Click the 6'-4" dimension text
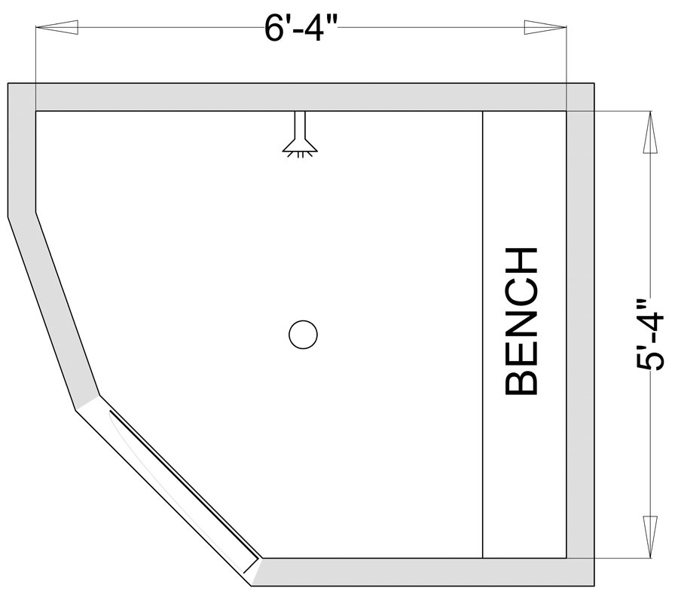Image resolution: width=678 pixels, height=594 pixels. pyautogui.click(x=301, y=29)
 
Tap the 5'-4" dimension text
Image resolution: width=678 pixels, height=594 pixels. pyautogui.click(x=650, y=335)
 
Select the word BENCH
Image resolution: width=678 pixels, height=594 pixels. pyautogui.click(x=521, y=321)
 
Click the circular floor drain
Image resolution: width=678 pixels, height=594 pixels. pyautogui.click(x=303, y=335)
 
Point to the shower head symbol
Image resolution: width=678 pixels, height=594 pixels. pyautogui.click(x=300, y=133)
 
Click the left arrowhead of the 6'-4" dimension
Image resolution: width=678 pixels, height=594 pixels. pyautogui.click(x=56, y=27)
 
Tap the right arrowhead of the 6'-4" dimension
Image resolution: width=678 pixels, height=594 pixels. pyautogui.click(x=545, y=27)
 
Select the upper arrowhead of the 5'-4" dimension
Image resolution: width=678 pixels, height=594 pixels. pyautogui.click(x=650, y=132)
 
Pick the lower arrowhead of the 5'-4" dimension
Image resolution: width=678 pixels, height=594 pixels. pyautogui.click(x=650, y=537)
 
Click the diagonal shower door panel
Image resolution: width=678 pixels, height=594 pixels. pyautogui.click(x=184, y=485)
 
